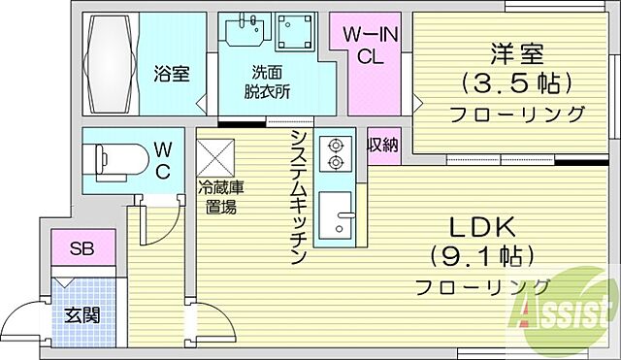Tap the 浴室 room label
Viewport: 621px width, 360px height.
(x=173, y=74)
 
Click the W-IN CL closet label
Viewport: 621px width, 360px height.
(x=369, y=45)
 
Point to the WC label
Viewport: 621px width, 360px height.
(x=163, y=161)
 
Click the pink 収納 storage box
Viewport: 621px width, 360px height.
(x=381, y=146)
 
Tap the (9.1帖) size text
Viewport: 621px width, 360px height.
(x=480, y=256)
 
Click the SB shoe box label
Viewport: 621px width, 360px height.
(x=82, y=249)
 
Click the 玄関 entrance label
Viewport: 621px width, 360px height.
(x=82, y=314)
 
